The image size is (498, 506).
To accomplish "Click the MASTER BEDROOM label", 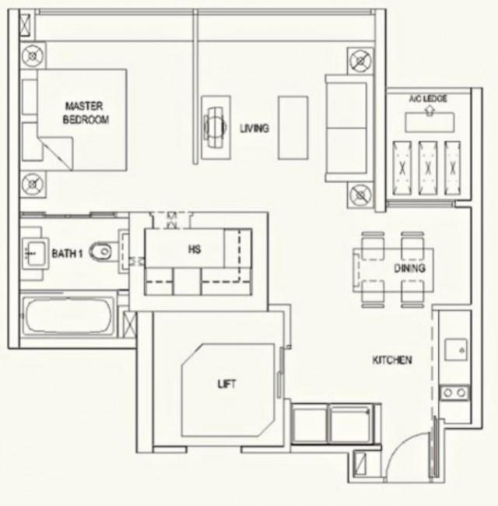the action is tap(86, 113).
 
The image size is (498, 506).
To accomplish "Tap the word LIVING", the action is tap(254, 128).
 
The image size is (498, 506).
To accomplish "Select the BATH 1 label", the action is tap(67, 254).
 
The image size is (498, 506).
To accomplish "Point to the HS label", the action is tap(195, 249).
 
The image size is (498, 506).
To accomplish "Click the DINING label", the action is tap(409, 268).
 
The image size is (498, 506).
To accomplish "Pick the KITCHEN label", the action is tap(392, 360).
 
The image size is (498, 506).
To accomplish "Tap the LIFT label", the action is tap(226, 384).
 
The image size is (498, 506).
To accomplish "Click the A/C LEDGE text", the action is tap(428, 98).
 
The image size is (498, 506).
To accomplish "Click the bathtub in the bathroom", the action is tap(68, 315).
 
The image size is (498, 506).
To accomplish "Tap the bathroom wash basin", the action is tap(35, 251).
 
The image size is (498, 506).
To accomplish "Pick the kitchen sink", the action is tap(456, 350).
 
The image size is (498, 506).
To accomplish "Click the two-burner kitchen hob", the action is tap(454, 392).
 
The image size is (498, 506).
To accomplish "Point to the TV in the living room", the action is tap(216, 128).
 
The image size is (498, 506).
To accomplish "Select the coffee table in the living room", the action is tap(293, 128).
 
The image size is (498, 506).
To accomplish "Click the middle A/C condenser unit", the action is tap(428, 168).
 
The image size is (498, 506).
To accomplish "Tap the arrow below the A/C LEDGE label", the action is tap(429, 111).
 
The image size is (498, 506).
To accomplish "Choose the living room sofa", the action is tap(346, 128).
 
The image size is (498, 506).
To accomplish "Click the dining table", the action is tap(393, 270).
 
